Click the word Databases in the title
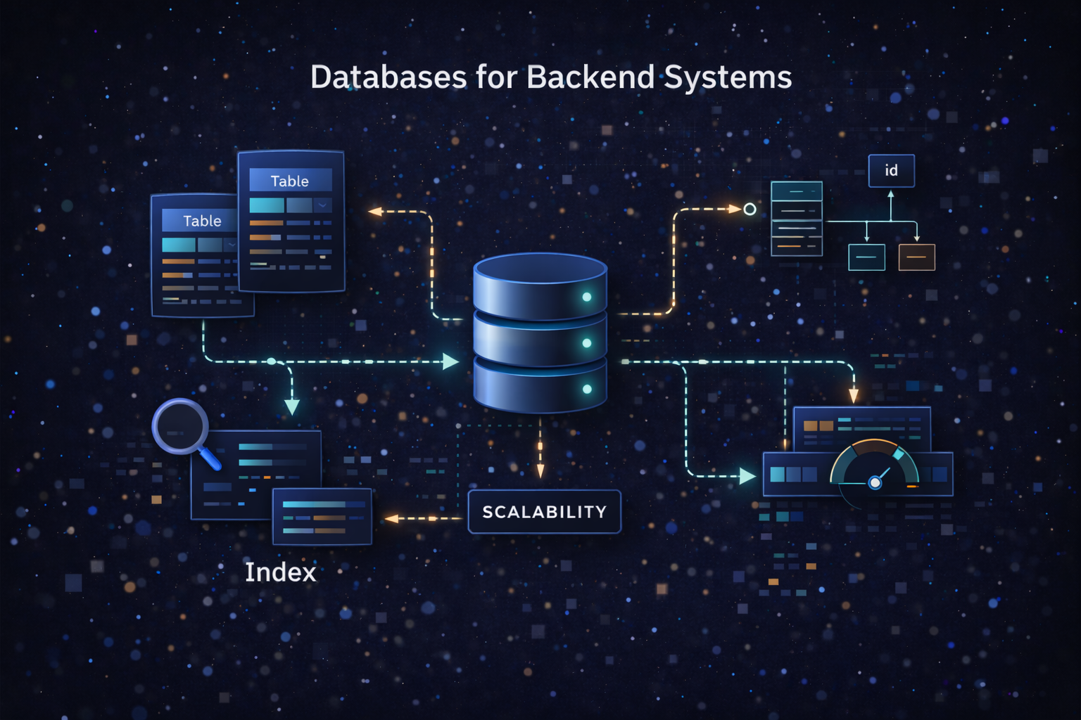click(x=388, y=77)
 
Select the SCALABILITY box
click(x=544, y=512)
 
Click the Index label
click(x=280, y=572)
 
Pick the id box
click(x=891, y=171)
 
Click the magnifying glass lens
click(x=180, y=426)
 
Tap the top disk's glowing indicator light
click(x=587, y=297)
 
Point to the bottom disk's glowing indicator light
click(x=587, y=389)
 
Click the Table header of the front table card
click(x=290, y=181)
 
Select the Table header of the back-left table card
click(x=202, y=221)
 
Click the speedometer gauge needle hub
click(x=875, y=482)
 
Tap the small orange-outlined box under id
click(x=916, y=257)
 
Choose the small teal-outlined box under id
click(x=866, y=257)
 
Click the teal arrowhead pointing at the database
click(x=450, y=361)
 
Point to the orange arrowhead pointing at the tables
click(x=375, y=211)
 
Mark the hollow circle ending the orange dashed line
click(x=750, y=209)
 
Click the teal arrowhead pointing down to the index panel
click(x=291, y=406)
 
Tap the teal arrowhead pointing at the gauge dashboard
click(x=747, y=476)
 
